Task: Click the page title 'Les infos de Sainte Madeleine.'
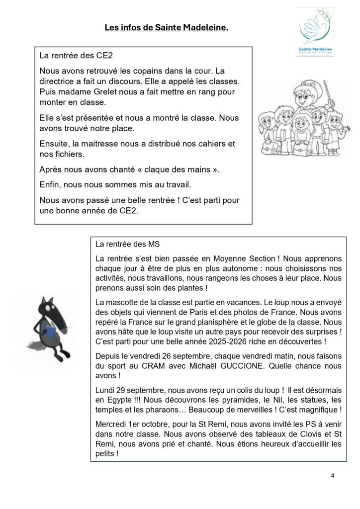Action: (x=167, y=28)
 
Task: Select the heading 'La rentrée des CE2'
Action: (x=69, y=56)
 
